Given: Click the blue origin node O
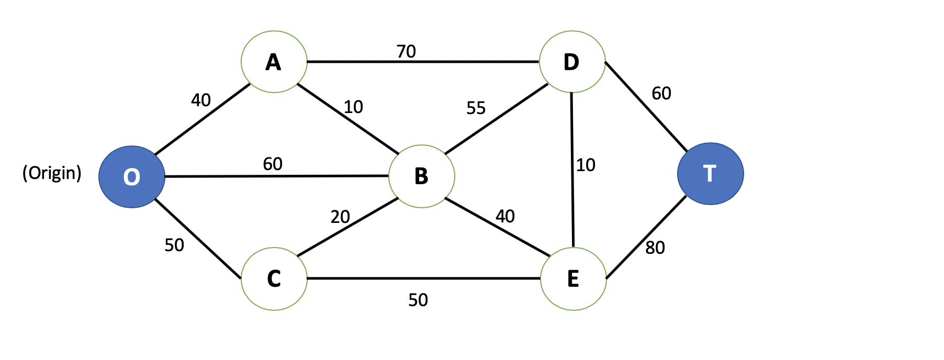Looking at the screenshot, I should click(x=132, y=177).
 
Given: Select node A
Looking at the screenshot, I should click(x=274, y=62).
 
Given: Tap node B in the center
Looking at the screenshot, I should click(x=422, y=176).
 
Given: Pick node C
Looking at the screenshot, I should click(x=274, y=278).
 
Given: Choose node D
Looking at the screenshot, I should click(x=572, y=62).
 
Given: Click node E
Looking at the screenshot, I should click(x=573, y=279).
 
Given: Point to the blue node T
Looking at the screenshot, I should click(x=710, y=174).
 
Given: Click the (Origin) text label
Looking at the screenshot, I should click(x=52, y=173).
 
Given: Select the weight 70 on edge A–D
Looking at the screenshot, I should click(x=406, y=51).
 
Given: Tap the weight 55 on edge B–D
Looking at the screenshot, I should click(x=476, y=108).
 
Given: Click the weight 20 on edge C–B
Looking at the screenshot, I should click(x=340, y=217).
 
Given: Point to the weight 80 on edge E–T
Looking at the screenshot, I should click(x=655, y=248).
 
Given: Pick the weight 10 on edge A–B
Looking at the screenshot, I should click(x=353, y=107).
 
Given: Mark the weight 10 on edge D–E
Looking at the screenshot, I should click(x=586, y=165).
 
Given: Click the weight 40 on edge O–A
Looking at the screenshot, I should click(x=201, y=100).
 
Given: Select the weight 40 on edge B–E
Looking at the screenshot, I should click(x=505, y=216).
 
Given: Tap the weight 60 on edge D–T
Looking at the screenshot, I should click(x=661, y=93).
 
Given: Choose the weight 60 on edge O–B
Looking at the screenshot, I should click(x=273, y=164).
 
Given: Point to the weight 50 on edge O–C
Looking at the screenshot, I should click(x=174, y=245).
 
